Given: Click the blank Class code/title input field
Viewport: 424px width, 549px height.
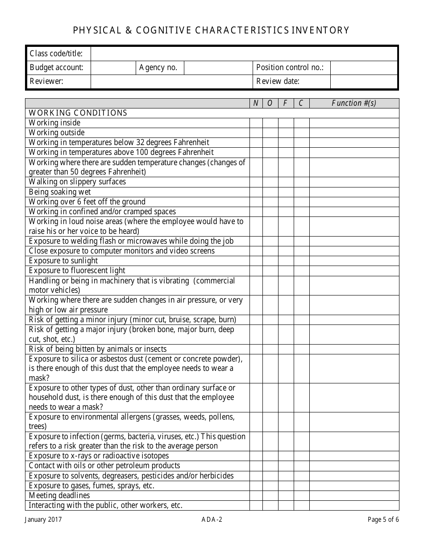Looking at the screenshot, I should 244,54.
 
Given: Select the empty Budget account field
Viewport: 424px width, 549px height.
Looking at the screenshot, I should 113,68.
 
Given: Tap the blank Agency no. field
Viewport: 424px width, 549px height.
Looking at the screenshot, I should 218,68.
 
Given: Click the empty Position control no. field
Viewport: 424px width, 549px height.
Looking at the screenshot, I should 363,68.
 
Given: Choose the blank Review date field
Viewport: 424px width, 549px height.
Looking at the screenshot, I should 363,82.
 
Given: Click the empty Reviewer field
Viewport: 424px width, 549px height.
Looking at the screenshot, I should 171,82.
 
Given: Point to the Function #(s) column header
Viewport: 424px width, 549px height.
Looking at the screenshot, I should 354,103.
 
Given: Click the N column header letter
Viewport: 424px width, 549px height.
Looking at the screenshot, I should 256,103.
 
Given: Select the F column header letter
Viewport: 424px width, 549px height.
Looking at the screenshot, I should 286,103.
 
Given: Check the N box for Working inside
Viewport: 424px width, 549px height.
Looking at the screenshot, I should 256,123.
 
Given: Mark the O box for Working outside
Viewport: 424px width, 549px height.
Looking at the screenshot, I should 270,133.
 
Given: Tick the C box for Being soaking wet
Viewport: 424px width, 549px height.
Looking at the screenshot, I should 301,192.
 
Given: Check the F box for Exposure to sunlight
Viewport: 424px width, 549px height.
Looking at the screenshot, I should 286,261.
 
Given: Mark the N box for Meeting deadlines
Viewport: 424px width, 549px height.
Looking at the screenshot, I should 256,495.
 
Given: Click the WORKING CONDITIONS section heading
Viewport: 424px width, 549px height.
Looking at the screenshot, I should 78,113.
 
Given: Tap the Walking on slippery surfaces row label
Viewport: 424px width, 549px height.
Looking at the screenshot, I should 77,182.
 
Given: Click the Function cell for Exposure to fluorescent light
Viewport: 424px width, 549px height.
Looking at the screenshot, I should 354,270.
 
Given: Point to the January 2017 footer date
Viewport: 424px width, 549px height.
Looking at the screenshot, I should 43,520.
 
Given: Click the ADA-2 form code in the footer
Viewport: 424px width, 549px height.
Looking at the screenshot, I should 212,520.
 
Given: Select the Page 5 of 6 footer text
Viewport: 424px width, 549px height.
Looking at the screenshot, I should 383,520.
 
